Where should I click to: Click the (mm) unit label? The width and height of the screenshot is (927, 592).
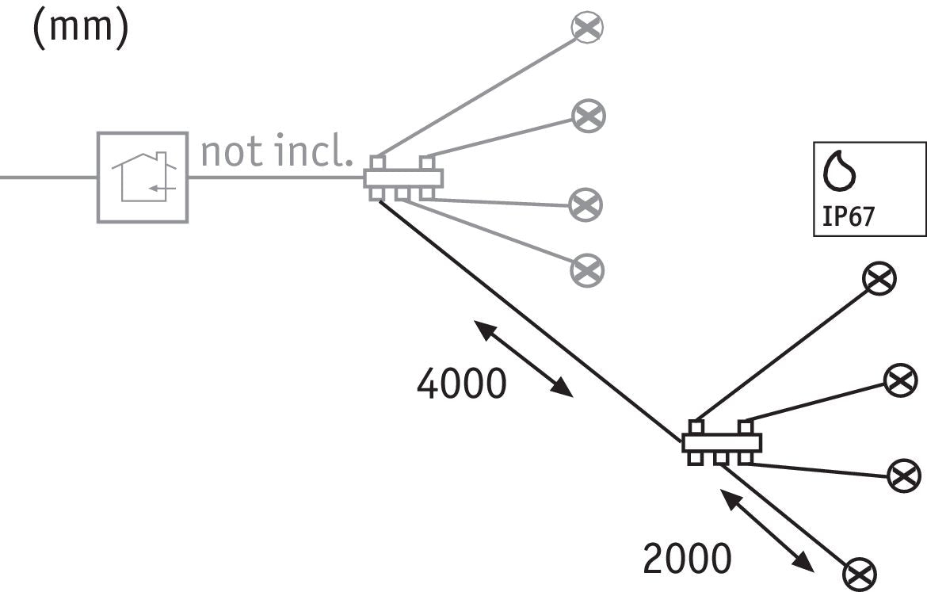(80, 29)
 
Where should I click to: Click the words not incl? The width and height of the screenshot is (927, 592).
(277, 151)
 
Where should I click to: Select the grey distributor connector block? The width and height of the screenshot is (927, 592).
(403, 178)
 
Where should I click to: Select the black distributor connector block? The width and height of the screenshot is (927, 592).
(721, 442)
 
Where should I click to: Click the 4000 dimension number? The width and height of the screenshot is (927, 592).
(462, 384)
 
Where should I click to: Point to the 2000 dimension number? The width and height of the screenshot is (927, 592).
(687, 558)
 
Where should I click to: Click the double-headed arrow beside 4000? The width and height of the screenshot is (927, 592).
(523, 359)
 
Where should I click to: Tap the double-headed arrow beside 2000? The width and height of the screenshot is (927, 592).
(767, 530)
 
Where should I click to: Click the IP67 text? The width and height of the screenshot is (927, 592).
(849, 216)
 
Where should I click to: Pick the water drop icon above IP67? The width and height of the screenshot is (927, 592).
(840, 171)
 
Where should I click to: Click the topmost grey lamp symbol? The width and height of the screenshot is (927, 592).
(588, 27)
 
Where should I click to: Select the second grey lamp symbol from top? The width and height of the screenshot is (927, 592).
(589, 116)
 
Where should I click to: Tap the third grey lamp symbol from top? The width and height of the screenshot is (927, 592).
(586, 204)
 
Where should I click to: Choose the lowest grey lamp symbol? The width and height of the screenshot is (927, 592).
(587, 270)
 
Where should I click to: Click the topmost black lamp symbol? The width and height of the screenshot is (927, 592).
(879, 278)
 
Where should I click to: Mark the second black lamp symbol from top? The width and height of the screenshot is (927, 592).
(901, 380)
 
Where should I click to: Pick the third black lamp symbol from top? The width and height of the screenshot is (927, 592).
(905, 476)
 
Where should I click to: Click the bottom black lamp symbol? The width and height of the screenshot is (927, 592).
(860, 575)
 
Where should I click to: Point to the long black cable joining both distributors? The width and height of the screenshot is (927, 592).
(530, 321)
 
